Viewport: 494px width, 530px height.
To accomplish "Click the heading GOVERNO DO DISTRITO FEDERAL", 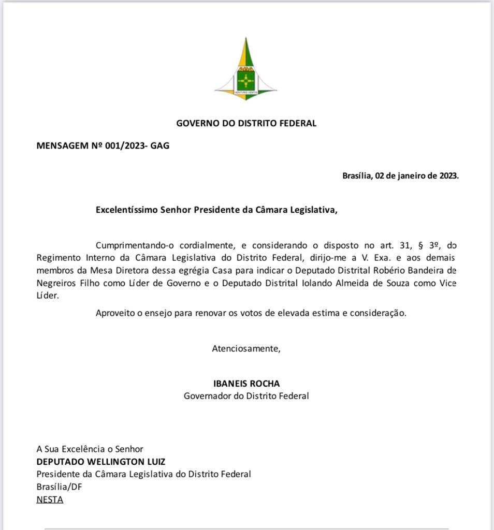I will tap(246, 123).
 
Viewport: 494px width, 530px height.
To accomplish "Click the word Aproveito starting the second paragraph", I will tap(114, 313).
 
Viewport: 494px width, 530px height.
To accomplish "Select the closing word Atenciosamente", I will tap(246, 348).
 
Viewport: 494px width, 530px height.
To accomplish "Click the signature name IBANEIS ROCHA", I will tap(246, 384).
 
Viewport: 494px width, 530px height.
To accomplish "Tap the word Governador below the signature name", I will tap(207, 396).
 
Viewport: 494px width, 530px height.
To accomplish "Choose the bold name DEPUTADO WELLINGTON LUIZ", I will tap(101, 462).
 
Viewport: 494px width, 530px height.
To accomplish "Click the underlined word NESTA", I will tap(50, 499).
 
